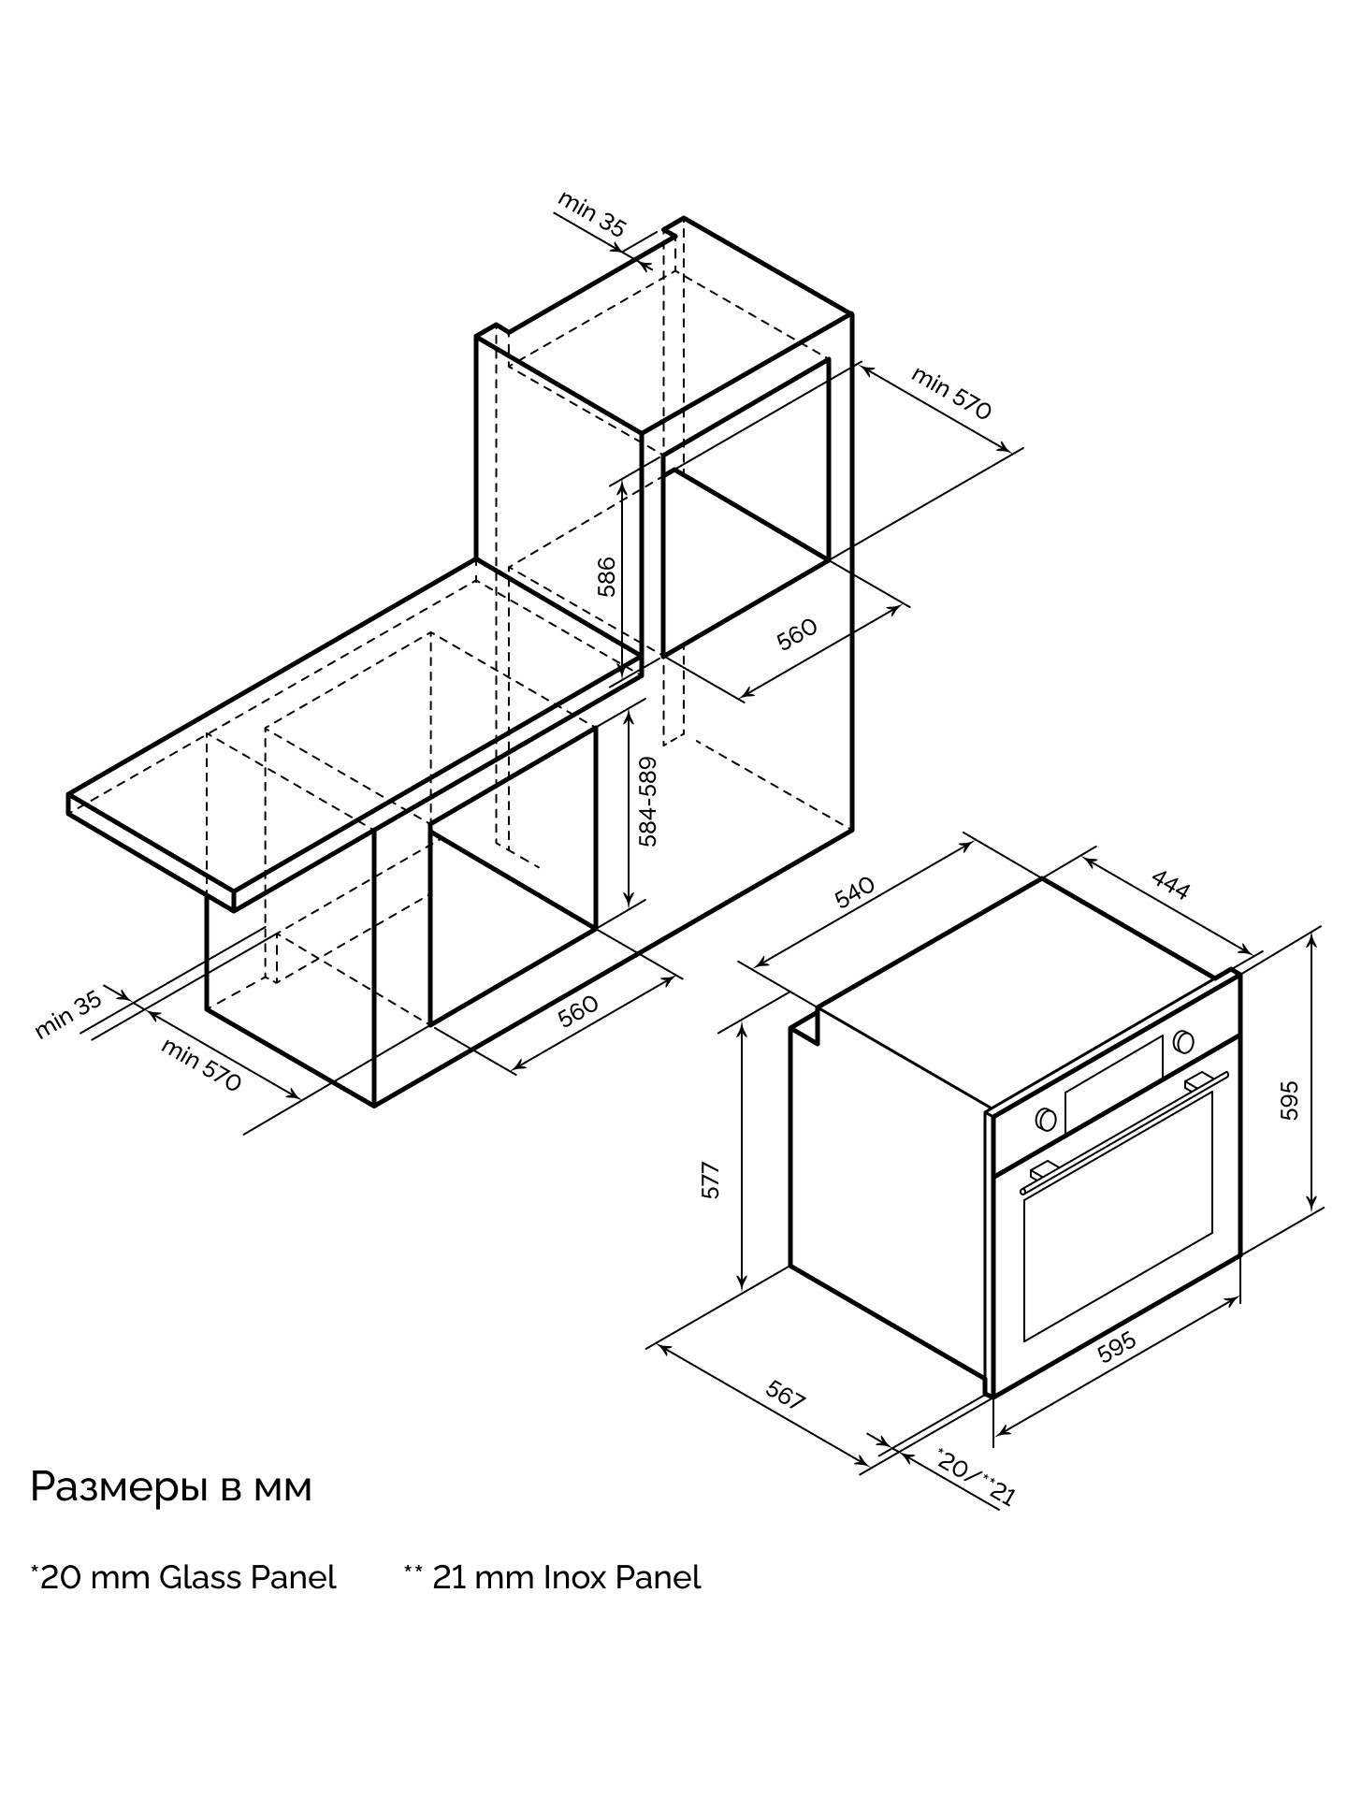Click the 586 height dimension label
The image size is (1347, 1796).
point(606,576)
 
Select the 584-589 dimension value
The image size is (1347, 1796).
point(648,801)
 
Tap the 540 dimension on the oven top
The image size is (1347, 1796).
point(854,892)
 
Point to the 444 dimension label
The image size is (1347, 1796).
point(1170,884)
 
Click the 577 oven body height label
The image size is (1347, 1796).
point(711,1180)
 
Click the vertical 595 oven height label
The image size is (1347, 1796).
point(1289,1101)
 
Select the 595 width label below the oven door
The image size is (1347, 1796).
point(1116,1348)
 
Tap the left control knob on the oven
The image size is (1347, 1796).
point(1046,1119)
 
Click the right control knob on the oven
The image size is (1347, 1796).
point(1182,1040)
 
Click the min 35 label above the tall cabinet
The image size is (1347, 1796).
point(592,213)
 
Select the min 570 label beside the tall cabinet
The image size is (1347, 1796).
point(951,393)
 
